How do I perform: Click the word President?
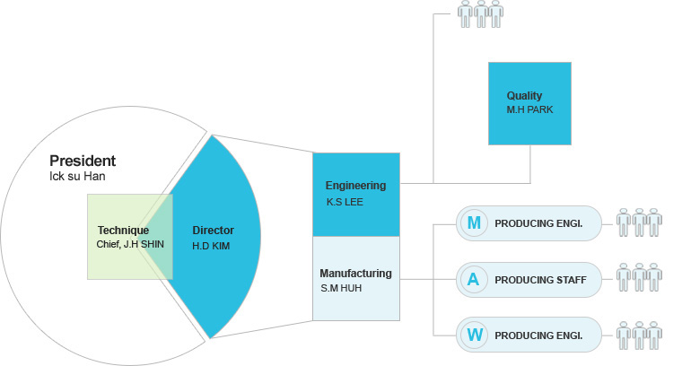[x=83, y=161]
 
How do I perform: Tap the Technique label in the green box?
[x=123, y=231]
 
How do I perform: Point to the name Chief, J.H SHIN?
[x=130, y=244]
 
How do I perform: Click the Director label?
[x=213, y=231]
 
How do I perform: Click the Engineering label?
[x=355, y=186]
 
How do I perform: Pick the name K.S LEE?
[x=345, y=203]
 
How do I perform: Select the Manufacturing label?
[x=355, y=273]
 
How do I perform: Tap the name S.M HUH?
[x=342, y=288]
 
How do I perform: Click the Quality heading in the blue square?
[x=524, y=96]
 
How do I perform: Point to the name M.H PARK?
[x=529, y=109]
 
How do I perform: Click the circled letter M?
[x=474, y=222]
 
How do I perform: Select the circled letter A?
[x=474, y=280]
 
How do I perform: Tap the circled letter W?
[x=474, y=336]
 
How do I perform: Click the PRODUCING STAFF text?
[x=540, y=281]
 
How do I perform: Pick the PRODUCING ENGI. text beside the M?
[x=538, y=223]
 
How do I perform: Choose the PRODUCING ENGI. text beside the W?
[x=538, y=337]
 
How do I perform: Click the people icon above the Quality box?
[x=480, y=13]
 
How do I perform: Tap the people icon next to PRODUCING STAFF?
[x=639, y=278]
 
